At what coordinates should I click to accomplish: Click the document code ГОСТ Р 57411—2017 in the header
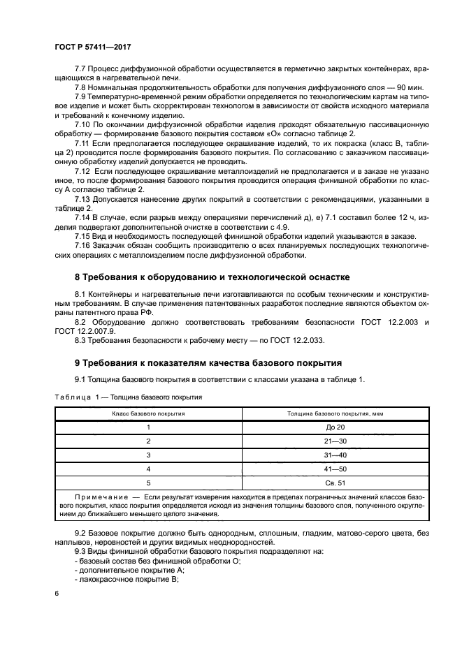click(x=92, y=47)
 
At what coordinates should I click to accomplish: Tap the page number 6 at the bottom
click(x=57, y=592)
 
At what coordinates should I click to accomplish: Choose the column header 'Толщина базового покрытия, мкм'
click(x=335, y=413)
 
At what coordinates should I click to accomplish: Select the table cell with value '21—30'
click(x=335, y=441)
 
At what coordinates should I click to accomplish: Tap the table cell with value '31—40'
click(x=335, y=455)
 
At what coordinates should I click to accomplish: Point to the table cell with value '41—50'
click(x=335, y=469)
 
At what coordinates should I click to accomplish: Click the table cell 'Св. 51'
click(x=335, y=483)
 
